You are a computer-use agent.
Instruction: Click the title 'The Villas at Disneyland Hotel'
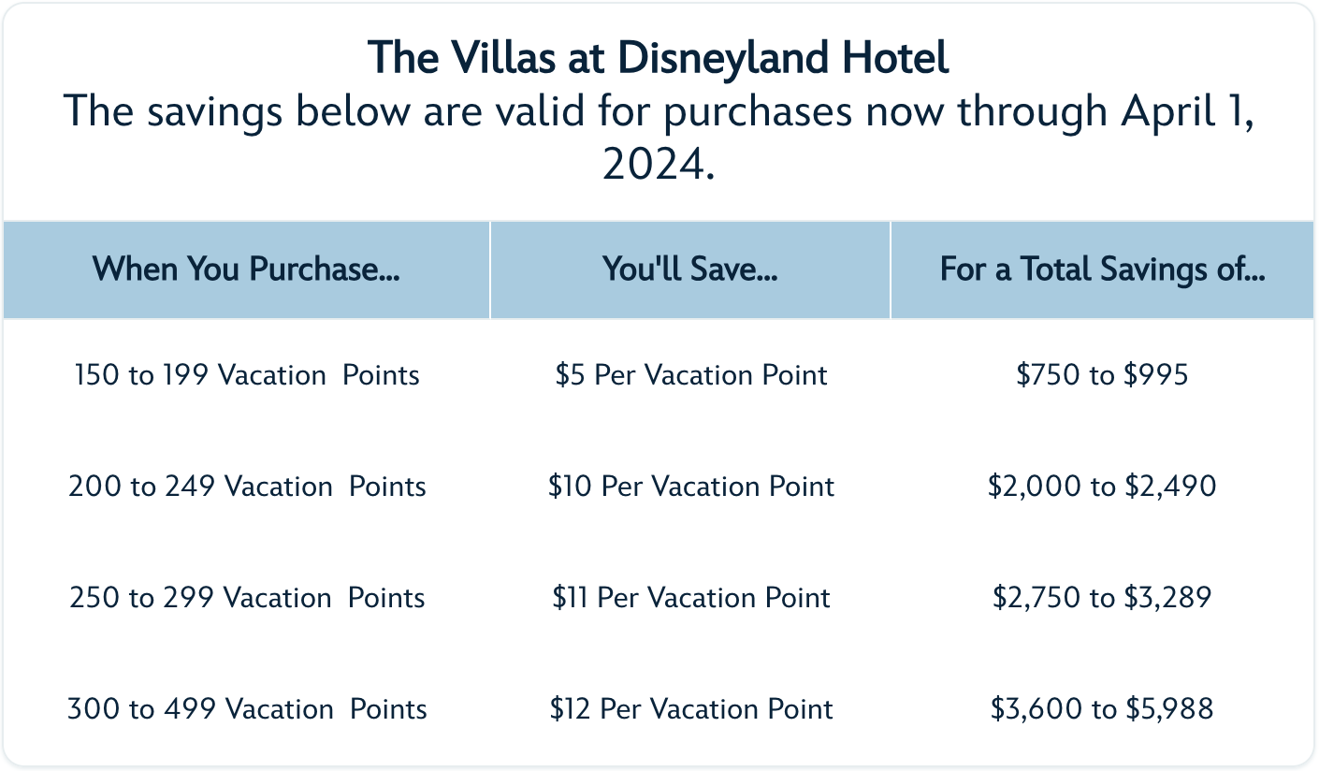[x=659, y=59]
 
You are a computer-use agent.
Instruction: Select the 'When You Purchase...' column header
[x=246, y=269]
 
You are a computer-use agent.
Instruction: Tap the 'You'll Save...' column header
[x=690, y=269]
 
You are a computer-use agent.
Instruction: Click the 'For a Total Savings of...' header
[x=1102, y=269]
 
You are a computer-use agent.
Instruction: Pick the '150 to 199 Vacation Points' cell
[x=247, y=375]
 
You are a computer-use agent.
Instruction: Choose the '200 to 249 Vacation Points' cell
[x=247, y=487]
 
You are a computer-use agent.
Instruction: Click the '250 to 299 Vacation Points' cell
[x=247, y=598]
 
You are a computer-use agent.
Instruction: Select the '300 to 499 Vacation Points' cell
[x=247, y=709]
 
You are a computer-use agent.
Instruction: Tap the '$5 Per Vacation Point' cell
[x=690, y=375]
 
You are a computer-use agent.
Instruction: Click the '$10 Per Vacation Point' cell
[x=690, y=487]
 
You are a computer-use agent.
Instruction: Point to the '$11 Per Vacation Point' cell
[x=690, y=598]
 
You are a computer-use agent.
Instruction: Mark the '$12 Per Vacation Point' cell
[x=690, y=709]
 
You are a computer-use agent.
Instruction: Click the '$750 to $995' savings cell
[x=1102, y=375]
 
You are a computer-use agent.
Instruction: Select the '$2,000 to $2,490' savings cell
[x=1102, y=487]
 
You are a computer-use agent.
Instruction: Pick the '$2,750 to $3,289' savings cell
[x=1102, y=598]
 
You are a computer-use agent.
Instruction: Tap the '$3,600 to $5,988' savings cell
[x=1102, y=709]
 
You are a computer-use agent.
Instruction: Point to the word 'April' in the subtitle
[x=1167, y=112]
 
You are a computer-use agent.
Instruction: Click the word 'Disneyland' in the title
[x=723, y=59]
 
